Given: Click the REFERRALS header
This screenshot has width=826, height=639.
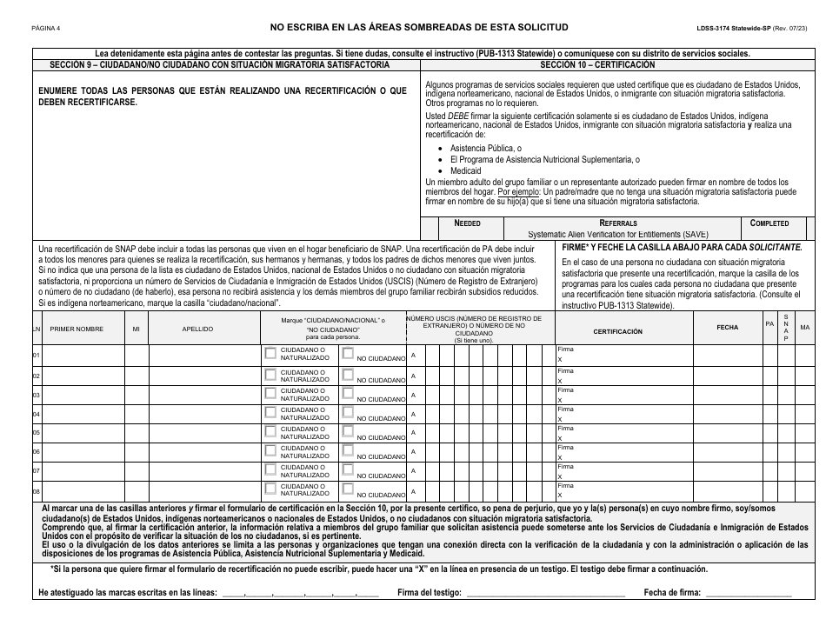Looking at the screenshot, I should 618,223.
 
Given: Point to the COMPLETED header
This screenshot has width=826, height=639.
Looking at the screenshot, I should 769,223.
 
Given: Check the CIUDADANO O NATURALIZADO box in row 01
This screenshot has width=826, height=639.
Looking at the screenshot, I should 270,354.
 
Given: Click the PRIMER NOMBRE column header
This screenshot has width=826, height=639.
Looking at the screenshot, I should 77,329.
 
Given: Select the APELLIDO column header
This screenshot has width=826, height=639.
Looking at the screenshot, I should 197,329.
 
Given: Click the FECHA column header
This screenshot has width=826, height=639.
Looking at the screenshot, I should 727,327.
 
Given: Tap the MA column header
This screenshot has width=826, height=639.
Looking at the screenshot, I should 804,327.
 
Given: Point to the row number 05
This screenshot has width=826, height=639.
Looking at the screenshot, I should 37,432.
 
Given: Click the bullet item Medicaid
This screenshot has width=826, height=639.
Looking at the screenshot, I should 465,171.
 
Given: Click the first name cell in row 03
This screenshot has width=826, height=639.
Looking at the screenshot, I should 83,394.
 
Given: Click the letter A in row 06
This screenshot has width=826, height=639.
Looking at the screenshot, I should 413,451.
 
